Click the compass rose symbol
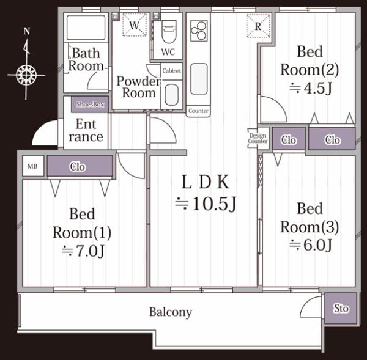tap(26, 75)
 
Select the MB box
tap(32, 166)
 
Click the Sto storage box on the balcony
tap(341, 309)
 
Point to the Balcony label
tap(171, 312)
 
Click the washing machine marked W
tap(134, 26)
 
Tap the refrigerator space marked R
tap(258, 26)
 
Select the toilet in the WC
tap(168, 31)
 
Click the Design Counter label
tap(258, 138)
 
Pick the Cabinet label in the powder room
tap(172, 71)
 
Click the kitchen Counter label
tap(198, 111)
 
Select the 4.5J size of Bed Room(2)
tap(310, 88)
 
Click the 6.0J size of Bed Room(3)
tap(310, 246)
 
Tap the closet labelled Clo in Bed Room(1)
tap(78, 166)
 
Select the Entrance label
tap(86, 130)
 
